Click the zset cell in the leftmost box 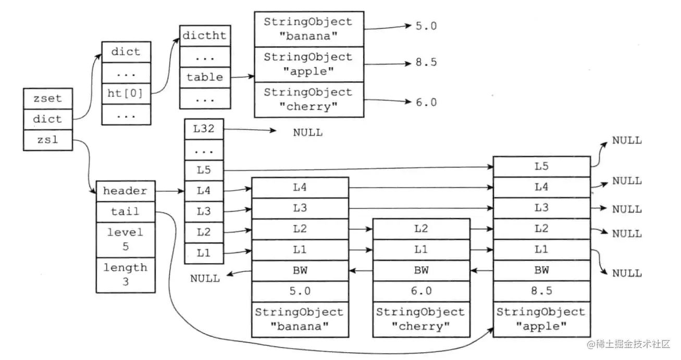(47, 98)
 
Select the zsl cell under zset (47, 140)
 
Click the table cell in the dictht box (205, 78)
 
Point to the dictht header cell (205, 36)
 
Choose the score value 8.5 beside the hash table (426, 63)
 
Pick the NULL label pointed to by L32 (307, 132)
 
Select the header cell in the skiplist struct (125, 191)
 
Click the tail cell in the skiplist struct (125, 211)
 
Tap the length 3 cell (125, 275)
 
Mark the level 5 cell (125, 239)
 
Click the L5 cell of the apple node (541, 167)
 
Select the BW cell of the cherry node (421, 270)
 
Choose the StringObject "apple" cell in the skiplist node (541, 319)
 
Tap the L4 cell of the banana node (300, 188)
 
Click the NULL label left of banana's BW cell (205, 278)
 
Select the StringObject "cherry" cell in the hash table (308, 100)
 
